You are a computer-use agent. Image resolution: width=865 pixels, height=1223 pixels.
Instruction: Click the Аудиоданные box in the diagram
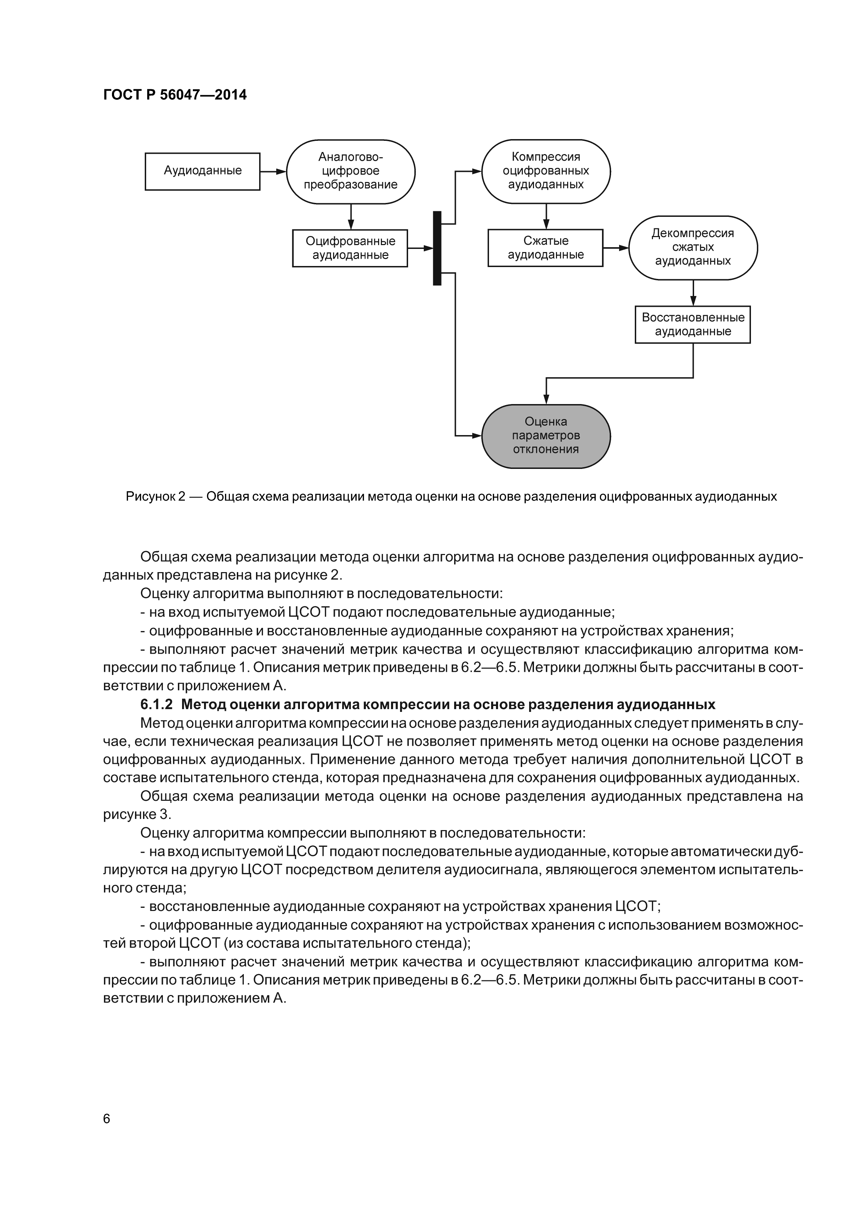click(x=203, y=171)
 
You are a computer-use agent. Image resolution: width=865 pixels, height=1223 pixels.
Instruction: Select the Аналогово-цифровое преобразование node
click(x=351, y=172)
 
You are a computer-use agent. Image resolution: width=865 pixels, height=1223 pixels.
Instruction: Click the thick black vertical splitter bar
click(x=437, y=248)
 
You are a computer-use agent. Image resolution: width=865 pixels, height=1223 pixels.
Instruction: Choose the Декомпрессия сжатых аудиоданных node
click(x=693, y=248)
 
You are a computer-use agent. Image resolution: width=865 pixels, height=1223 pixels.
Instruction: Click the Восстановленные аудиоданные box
click(x=692, y=324)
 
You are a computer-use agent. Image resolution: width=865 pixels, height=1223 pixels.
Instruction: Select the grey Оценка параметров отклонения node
click(x=546, y=436)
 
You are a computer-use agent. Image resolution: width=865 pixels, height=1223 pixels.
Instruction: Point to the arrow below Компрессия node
click(x=546, y=216)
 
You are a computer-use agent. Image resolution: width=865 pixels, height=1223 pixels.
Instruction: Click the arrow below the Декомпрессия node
click(x=693, y=293)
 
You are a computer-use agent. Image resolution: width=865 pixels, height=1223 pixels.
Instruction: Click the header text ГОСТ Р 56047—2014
click(x=175, y=95)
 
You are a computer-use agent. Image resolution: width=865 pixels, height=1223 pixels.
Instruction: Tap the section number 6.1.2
click(x=157, y=704)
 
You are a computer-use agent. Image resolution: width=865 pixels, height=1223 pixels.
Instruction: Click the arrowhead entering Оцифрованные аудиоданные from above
click(x=351, y=225)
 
